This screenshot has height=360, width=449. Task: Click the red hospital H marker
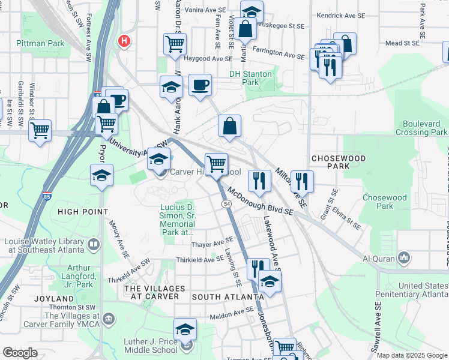pos(124,41)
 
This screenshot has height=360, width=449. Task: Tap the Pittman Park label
pos(40,43)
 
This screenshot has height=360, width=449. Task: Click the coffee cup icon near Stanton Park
pos(200,84)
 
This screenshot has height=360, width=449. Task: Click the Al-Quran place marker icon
pos(404,258)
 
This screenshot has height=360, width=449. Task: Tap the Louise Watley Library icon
pos(94,245)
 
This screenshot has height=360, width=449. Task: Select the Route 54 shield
pos(227,205)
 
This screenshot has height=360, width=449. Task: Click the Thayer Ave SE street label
pos(212,244)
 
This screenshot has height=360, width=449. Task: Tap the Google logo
pos(20,353)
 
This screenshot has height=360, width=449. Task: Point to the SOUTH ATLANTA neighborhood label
pos(219,297)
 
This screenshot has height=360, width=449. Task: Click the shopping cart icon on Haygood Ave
pos(175,43)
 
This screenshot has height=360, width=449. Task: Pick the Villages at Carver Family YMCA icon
pos(109,317)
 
